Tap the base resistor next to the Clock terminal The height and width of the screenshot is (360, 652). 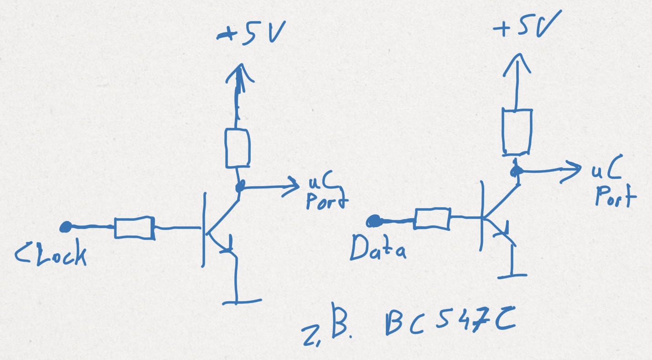(134, 228)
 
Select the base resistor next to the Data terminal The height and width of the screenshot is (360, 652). (432, 219)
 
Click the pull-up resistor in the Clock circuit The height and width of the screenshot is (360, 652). (237, 148)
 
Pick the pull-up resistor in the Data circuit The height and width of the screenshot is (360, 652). (517, 131)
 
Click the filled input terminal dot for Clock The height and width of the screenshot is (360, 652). (66, 226)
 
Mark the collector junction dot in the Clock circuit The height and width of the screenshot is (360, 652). (239, 186)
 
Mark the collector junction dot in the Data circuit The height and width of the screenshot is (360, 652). (516, 171)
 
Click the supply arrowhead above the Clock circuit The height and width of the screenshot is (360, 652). (238, 73)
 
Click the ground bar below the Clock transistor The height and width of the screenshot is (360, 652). (242, 301)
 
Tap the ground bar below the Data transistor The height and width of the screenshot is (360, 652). (512, 275)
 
